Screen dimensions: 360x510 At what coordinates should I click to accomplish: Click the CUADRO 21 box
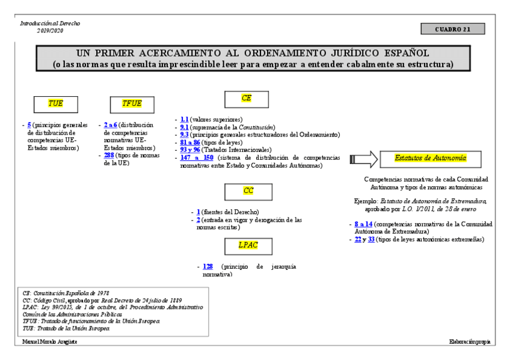453,29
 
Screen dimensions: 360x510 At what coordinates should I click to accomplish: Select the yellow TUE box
55,103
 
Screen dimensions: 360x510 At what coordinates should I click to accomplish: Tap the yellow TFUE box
131,103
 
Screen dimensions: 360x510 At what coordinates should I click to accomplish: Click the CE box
246,99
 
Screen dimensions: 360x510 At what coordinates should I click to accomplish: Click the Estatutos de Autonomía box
430,158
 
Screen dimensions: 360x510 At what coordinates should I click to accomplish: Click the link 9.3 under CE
185,135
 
